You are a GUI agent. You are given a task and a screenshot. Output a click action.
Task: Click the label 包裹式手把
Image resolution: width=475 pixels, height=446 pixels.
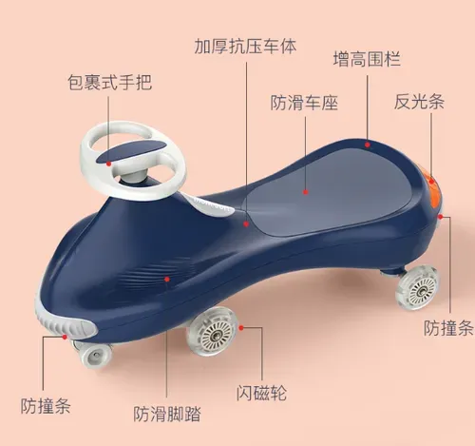point(109,83)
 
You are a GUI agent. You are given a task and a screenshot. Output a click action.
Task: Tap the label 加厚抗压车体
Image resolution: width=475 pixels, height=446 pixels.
point(245,47)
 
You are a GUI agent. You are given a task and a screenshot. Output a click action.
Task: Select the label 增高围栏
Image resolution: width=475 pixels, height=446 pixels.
point(367,59)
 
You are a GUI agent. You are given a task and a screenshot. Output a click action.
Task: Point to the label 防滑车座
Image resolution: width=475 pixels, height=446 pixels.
point(304,103)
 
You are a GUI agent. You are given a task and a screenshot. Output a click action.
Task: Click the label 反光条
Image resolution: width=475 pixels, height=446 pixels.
point(419,102)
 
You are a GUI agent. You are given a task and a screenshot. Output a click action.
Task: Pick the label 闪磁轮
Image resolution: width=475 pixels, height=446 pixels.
point(261,393)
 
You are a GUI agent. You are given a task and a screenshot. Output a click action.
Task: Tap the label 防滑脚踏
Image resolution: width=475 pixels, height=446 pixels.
point(167,414)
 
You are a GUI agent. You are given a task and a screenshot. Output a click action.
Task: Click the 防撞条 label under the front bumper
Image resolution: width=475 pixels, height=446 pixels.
point(46,406)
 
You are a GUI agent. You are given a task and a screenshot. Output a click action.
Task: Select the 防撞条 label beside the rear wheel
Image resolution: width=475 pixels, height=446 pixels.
point(448,328)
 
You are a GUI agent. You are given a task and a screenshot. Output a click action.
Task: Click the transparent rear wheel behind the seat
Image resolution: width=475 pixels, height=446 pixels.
point(417,289)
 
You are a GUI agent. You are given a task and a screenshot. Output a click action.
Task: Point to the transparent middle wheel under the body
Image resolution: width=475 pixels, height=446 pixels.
point(212,331)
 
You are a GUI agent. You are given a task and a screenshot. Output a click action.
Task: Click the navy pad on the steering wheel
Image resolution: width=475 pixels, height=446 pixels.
point(132,151)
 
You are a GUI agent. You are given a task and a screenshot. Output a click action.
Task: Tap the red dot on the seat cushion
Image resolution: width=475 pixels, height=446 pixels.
point(306,192)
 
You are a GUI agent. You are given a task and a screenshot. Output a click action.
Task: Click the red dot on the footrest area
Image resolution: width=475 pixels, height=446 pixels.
point(167,279)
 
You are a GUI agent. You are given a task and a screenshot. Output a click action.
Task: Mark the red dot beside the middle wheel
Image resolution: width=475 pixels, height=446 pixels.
point(241,328)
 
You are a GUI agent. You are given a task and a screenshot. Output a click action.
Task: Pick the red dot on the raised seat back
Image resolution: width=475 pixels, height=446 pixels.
point(368,145)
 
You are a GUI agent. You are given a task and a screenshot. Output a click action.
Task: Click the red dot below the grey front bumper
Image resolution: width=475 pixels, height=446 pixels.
point(65,337)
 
